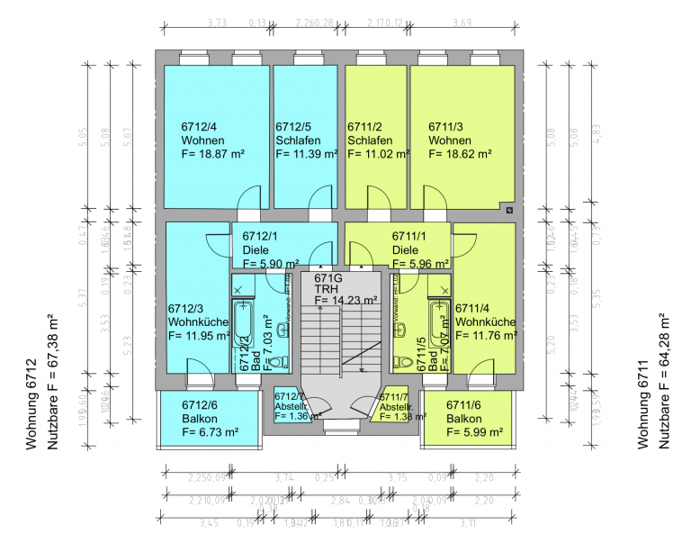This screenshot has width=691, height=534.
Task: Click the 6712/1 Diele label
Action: pos(261,243)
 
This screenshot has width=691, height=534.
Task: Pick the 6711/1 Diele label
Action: pos(406,243)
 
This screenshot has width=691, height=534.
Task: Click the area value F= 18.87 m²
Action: pos(213,154)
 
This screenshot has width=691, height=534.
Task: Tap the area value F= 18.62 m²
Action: pos(460,154)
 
